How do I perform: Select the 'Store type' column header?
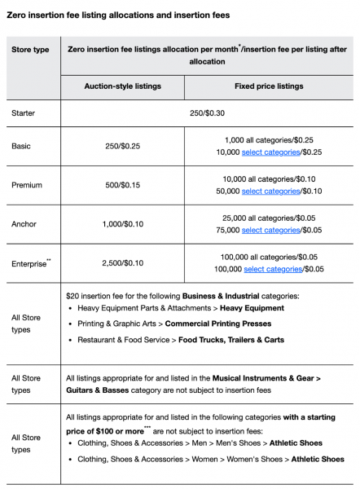[30, 50]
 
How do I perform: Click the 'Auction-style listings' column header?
[122, 86]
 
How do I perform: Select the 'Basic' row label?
[22, 146]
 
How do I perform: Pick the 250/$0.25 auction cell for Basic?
[122, 146]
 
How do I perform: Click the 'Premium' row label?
[27, 185]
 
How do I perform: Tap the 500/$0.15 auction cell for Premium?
[122, 185]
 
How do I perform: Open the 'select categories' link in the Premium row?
[270, 192]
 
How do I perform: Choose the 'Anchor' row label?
[25, 223]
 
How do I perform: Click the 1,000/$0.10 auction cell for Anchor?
[122, 223]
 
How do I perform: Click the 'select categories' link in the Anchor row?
[270, 231]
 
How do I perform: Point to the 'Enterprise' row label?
[29, 263]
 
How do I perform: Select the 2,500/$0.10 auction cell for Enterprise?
[122, 262]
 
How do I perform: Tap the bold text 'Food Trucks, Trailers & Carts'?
[231, 340]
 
